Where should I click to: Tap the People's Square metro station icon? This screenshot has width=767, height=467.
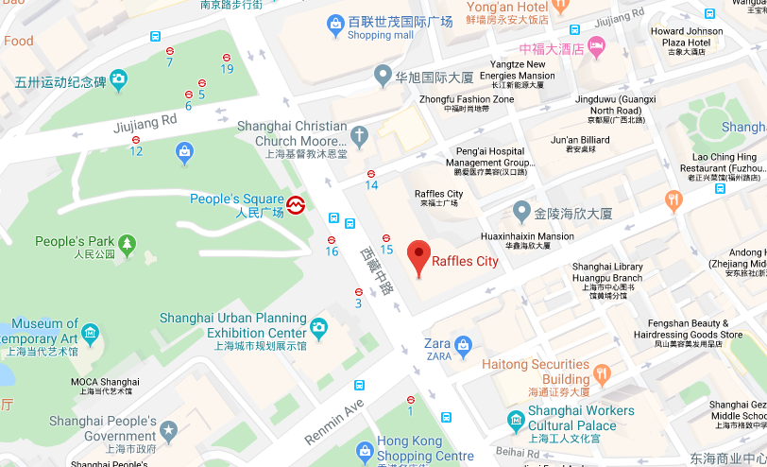(296, 204)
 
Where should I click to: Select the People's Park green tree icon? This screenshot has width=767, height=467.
(127, 245)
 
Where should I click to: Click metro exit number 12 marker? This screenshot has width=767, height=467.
(136, 140)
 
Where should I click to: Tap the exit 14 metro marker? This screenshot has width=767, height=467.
(371, 173)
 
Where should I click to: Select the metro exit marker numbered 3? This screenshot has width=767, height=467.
(359, 292)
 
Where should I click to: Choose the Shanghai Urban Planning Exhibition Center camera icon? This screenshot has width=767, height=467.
(319, 327)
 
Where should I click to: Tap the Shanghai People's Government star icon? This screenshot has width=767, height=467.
(169, 431)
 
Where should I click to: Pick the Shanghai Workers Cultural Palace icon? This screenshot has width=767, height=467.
(516, 420)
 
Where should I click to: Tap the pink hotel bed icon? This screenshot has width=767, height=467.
(596, 45)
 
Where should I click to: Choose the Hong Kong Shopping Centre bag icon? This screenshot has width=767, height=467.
(365, 450)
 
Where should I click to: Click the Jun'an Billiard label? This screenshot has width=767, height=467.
(580, 140)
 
